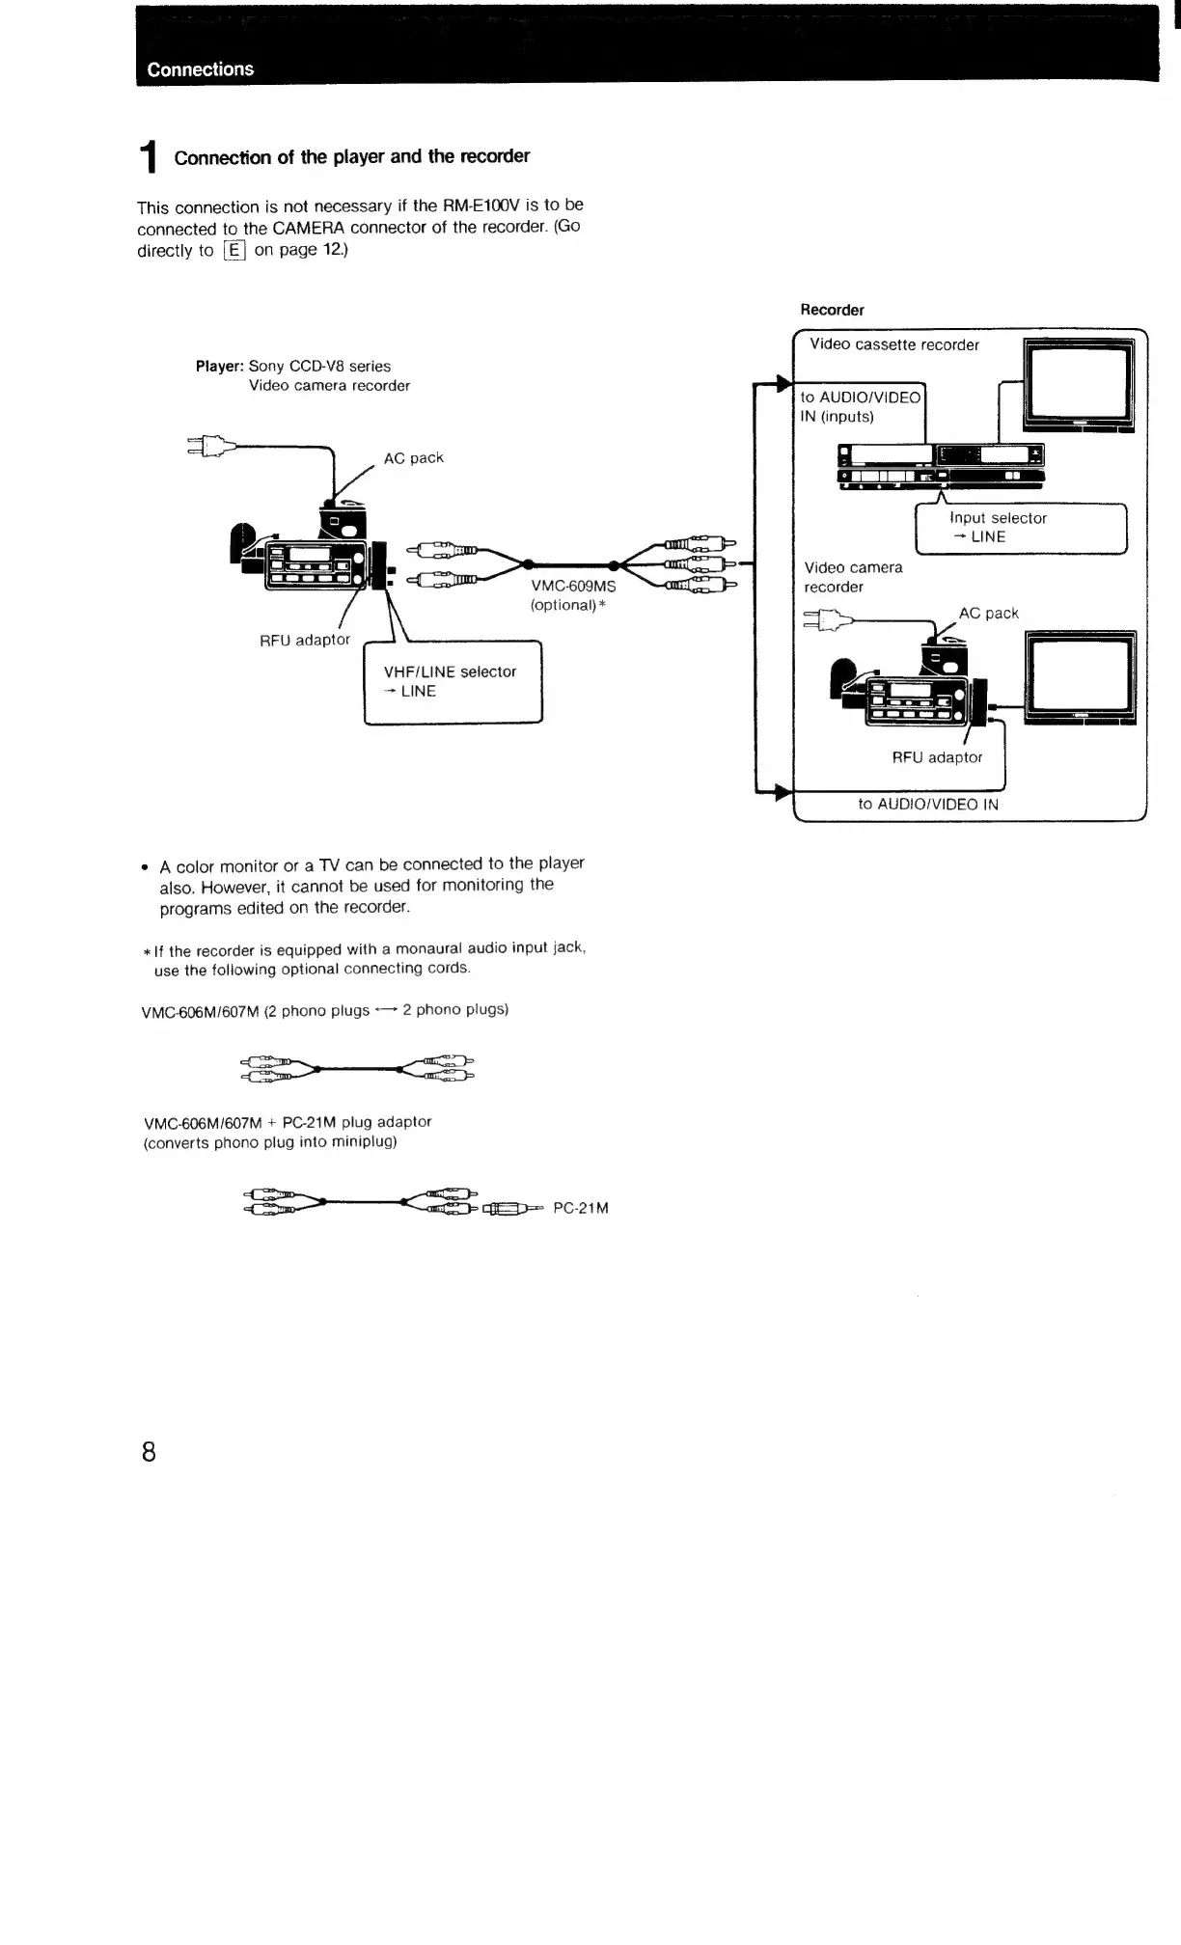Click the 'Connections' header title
[x=201, y=69]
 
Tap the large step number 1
[x=148, y=158]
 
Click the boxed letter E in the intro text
[x=234, y=251]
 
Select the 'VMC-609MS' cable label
[x=573, y=586]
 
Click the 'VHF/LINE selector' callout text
[x=450, y=671]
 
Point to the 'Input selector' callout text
[x=998, y=518]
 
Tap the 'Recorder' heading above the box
[x=832, y=310]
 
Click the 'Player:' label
[x=221, y=367]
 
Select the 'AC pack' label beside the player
[x=413, y=458]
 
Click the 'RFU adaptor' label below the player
[x=305, y=640]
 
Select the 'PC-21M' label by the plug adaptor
[x=581, y=1208]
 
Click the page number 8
[x=149, y=1451]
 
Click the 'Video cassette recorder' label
[x=894, y=345]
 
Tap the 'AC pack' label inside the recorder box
[x=988, y=614]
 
